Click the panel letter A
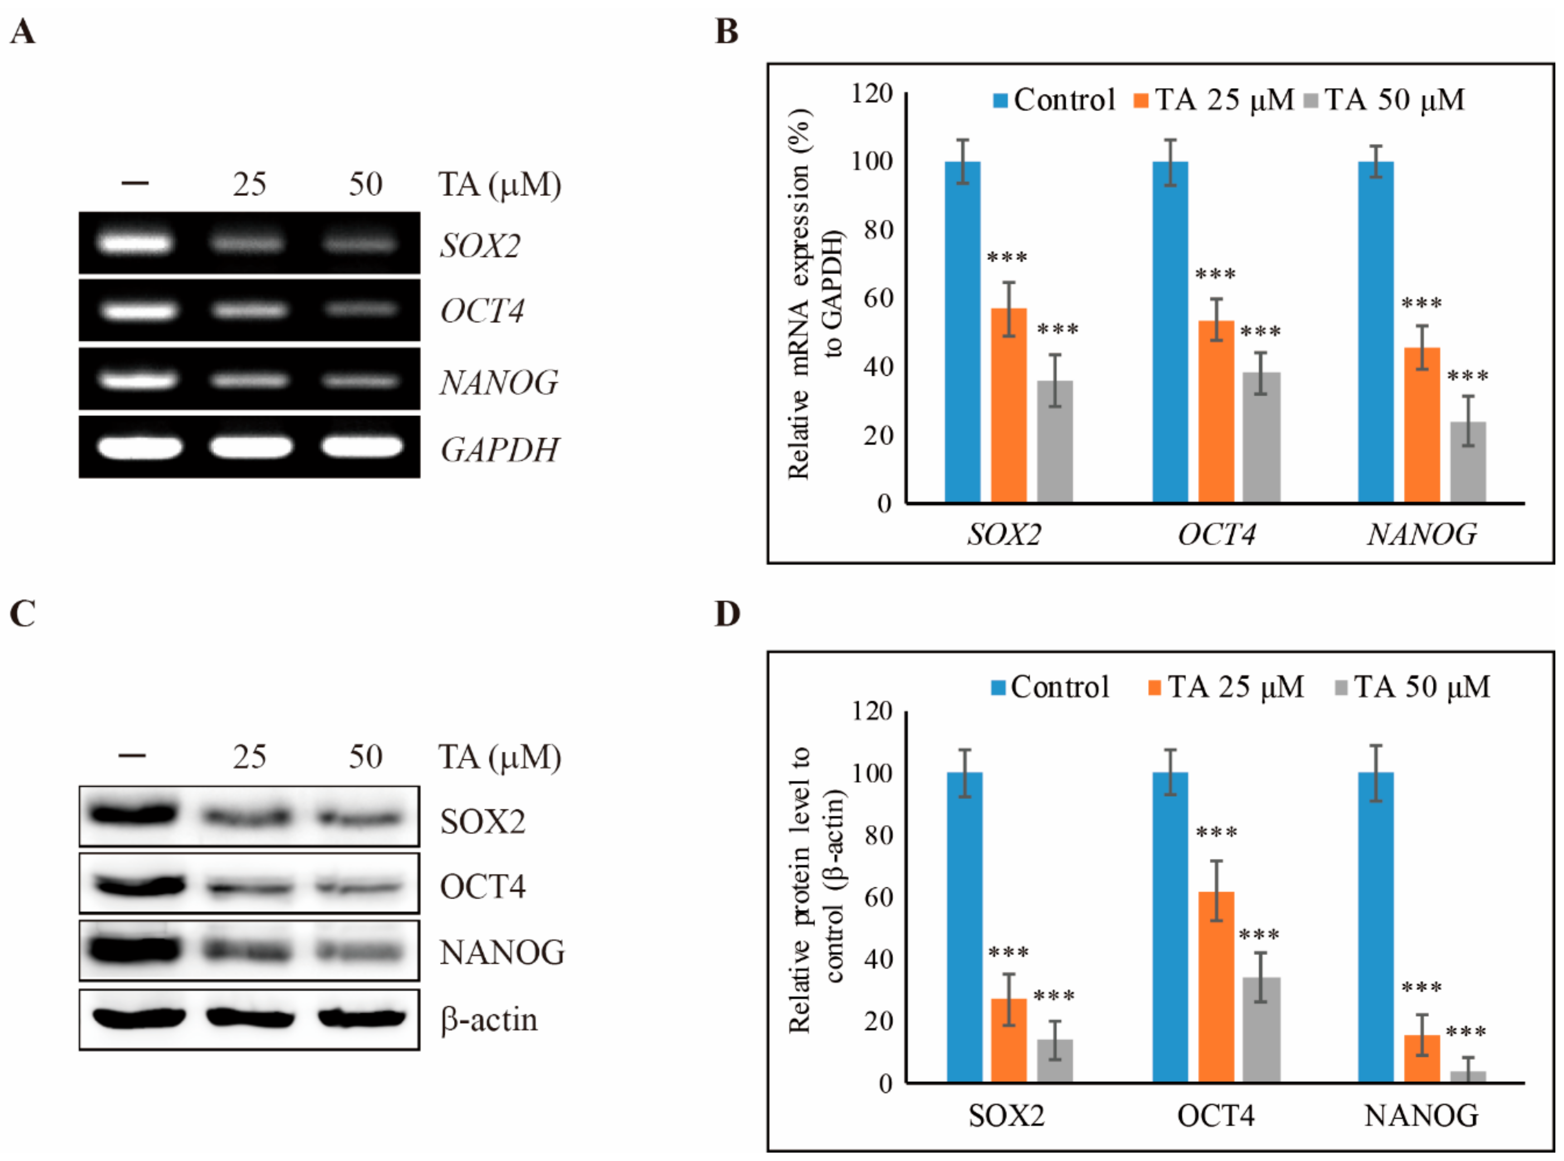point(23,32)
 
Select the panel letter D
point(727,613)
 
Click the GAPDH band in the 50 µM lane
point(362,447)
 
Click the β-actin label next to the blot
point(489,1020)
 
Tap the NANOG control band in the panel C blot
point(133,950)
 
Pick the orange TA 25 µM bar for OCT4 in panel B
point(1216,411)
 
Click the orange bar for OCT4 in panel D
point(1216,987)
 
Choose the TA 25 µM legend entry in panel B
point(1215,100)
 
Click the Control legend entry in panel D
point(1051,686)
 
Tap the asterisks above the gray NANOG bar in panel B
point(1468,377)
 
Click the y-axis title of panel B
point(815,295)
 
